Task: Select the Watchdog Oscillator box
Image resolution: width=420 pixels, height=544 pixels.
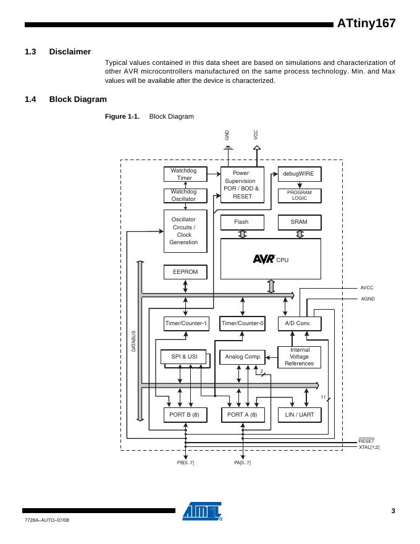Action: (185, 195)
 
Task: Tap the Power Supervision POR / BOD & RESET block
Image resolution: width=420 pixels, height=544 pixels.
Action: (241, 185)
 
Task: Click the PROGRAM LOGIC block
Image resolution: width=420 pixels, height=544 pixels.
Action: (299, 195)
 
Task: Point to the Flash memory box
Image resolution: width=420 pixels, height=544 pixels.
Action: (241, 222)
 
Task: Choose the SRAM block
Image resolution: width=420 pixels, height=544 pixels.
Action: (299, 222)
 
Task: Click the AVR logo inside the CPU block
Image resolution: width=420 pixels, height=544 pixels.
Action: (264, 260)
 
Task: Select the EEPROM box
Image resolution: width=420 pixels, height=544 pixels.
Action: (185, 272)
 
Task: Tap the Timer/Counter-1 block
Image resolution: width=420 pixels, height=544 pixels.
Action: (186, 323)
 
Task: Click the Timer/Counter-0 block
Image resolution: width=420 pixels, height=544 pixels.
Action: (243, 323)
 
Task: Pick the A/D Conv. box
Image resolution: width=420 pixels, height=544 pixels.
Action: (299, 323)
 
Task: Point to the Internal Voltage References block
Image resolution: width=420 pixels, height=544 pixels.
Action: (299, 357)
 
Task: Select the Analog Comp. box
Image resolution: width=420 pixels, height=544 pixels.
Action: (242, 357)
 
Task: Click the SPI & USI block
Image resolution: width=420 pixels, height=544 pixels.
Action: (183, 357)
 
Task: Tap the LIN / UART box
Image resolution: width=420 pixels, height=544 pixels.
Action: (299, 415)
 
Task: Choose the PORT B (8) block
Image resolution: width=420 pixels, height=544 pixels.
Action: (184, 415)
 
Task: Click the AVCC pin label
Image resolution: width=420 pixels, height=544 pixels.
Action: (367, 288)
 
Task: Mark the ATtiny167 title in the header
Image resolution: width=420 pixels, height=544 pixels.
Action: (366, 23)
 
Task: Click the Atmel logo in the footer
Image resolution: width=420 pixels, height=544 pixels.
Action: (203, 511)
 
